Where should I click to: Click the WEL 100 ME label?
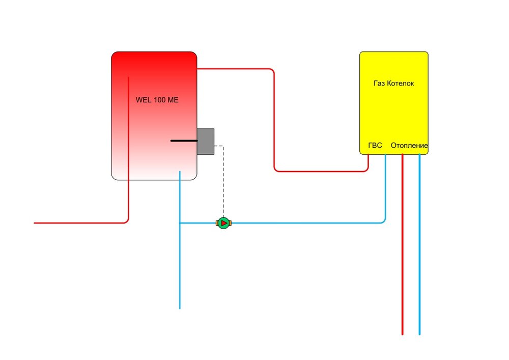pyautogui.click(x=157, y=100)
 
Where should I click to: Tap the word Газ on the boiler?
pyautogui.click(x=380, y=83)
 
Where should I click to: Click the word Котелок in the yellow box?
pyautogui.click(x=401, y=83)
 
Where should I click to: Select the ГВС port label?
pyautogui.click(x=375, y=146)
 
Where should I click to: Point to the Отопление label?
pyautogui.click(x=409, y=146)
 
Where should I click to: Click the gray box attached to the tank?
pyautogui.click(x=206, y=141)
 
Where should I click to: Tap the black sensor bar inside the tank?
pyautogui.click(x=184, y=140)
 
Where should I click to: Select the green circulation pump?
pyautogui.click(x=223, y=223)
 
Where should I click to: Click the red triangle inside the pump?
pyautogui.click(x=223, y=223)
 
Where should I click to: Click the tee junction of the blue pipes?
pyautogui.click(x=180, y=223)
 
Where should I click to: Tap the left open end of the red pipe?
pyautogui.click(x=35, y=223)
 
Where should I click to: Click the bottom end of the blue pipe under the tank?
pyautogui.click(x=180, y=308)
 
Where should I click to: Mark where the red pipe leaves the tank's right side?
pyautogui.click(x=199, y=68)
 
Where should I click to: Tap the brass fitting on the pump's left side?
pyautogui.click(x=217, y=223)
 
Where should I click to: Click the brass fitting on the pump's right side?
pyautogui.click(x=230, y=223)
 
